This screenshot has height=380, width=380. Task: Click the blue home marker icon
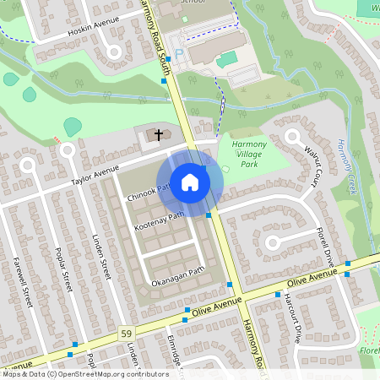click(x=190, y=182)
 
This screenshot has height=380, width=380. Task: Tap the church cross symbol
click(x=157, y=134)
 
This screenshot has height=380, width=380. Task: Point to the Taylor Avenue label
click(x=95, y=176)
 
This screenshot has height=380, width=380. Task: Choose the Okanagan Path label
click(x=177, y=275)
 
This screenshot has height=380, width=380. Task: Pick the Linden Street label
click(x=101, y=258)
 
